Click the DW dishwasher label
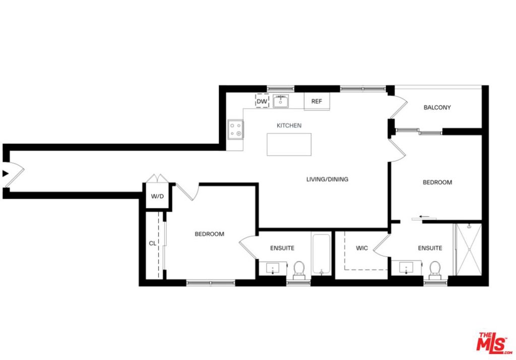coord(262,102)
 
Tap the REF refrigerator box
coord(316,101)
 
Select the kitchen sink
coord(280,101)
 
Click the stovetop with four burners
coord(236,129)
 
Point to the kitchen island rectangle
coord(289,145)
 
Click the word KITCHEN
coord(289,125)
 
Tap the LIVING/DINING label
coord(327,179)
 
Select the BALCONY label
coord(437,107)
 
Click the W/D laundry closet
coord(157,196)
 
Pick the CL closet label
coord(152,243)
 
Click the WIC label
coord(362,248)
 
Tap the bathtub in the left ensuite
coord(321,253)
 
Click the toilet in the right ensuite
coord(435,269)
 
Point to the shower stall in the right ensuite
coord(468,250)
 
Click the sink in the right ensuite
coord(406,267)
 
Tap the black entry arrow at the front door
coord(5,173)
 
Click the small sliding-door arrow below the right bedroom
coord(424,217)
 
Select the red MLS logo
coord(494,343)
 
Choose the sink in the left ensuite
coord(273,268)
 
